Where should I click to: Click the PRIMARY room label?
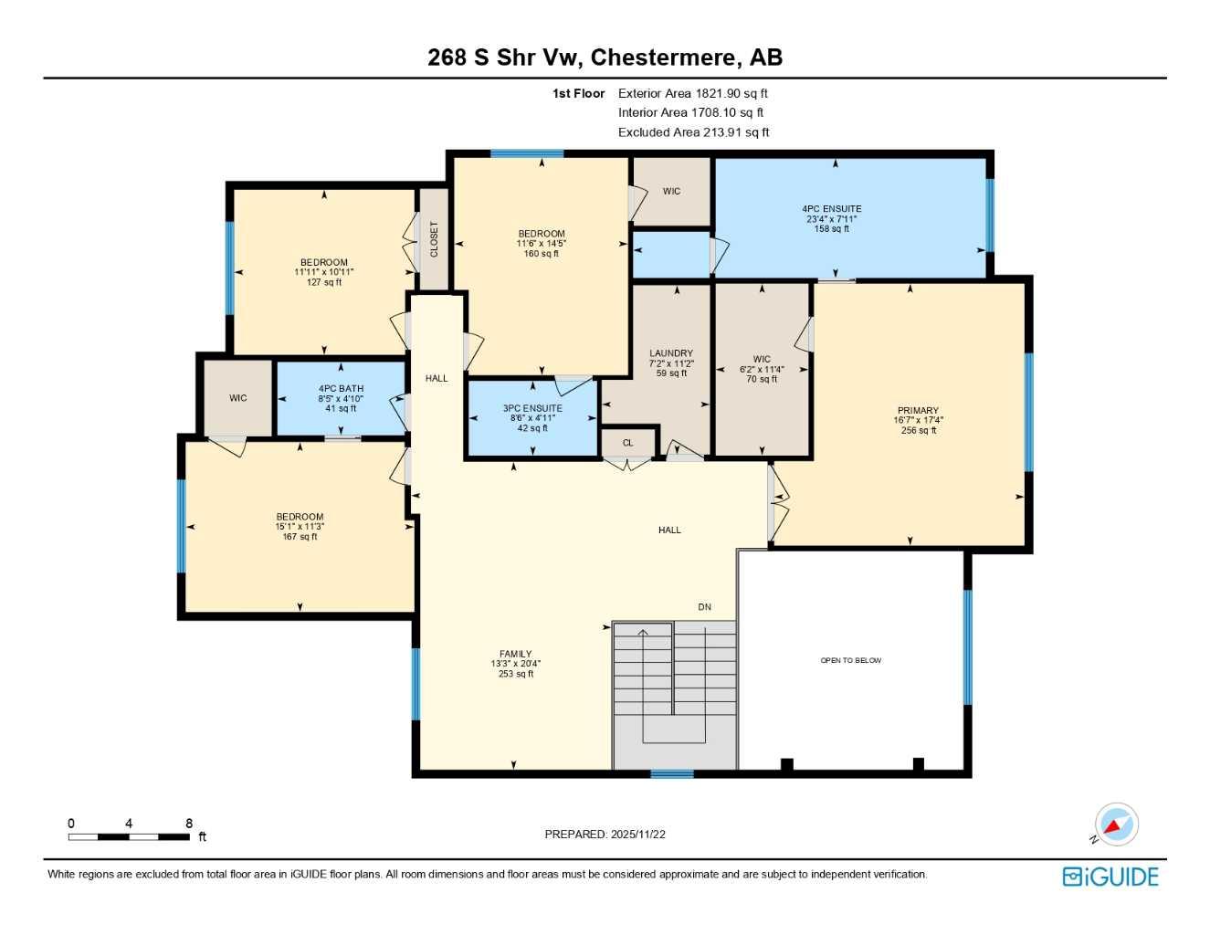(x=918, y=411)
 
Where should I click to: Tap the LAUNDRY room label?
(x=671, y=353)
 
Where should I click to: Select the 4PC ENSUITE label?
(x=832, y=209)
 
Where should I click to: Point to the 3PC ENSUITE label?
(x=532, y=408)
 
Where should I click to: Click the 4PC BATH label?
(x=341, y=389)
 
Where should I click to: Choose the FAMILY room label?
(x=515, y=654)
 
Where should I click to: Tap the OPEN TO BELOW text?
(x=850, y=660)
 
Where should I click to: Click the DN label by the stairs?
(x=704, y=607)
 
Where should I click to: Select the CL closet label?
(x=627, y=443)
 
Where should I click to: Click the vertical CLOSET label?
(x=434, y=239)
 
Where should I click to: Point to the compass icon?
(x=1115, y=825)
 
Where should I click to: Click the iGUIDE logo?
(x=1110, y=877)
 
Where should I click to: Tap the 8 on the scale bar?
(x=189, y=824)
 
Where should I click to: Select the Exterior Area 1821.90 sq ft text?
(x=692, y=93)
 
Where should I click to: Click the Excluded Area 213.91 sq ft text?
(x=693, y=132)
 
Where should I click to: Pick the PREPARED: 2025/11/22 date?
(x=605, y=835)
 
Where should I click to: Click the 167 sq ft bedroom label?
(x=300, y=537)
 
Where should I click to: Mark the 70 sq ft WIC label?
(x=762, y=379)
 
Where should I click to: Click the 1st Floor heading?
(x=578, y=93)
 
